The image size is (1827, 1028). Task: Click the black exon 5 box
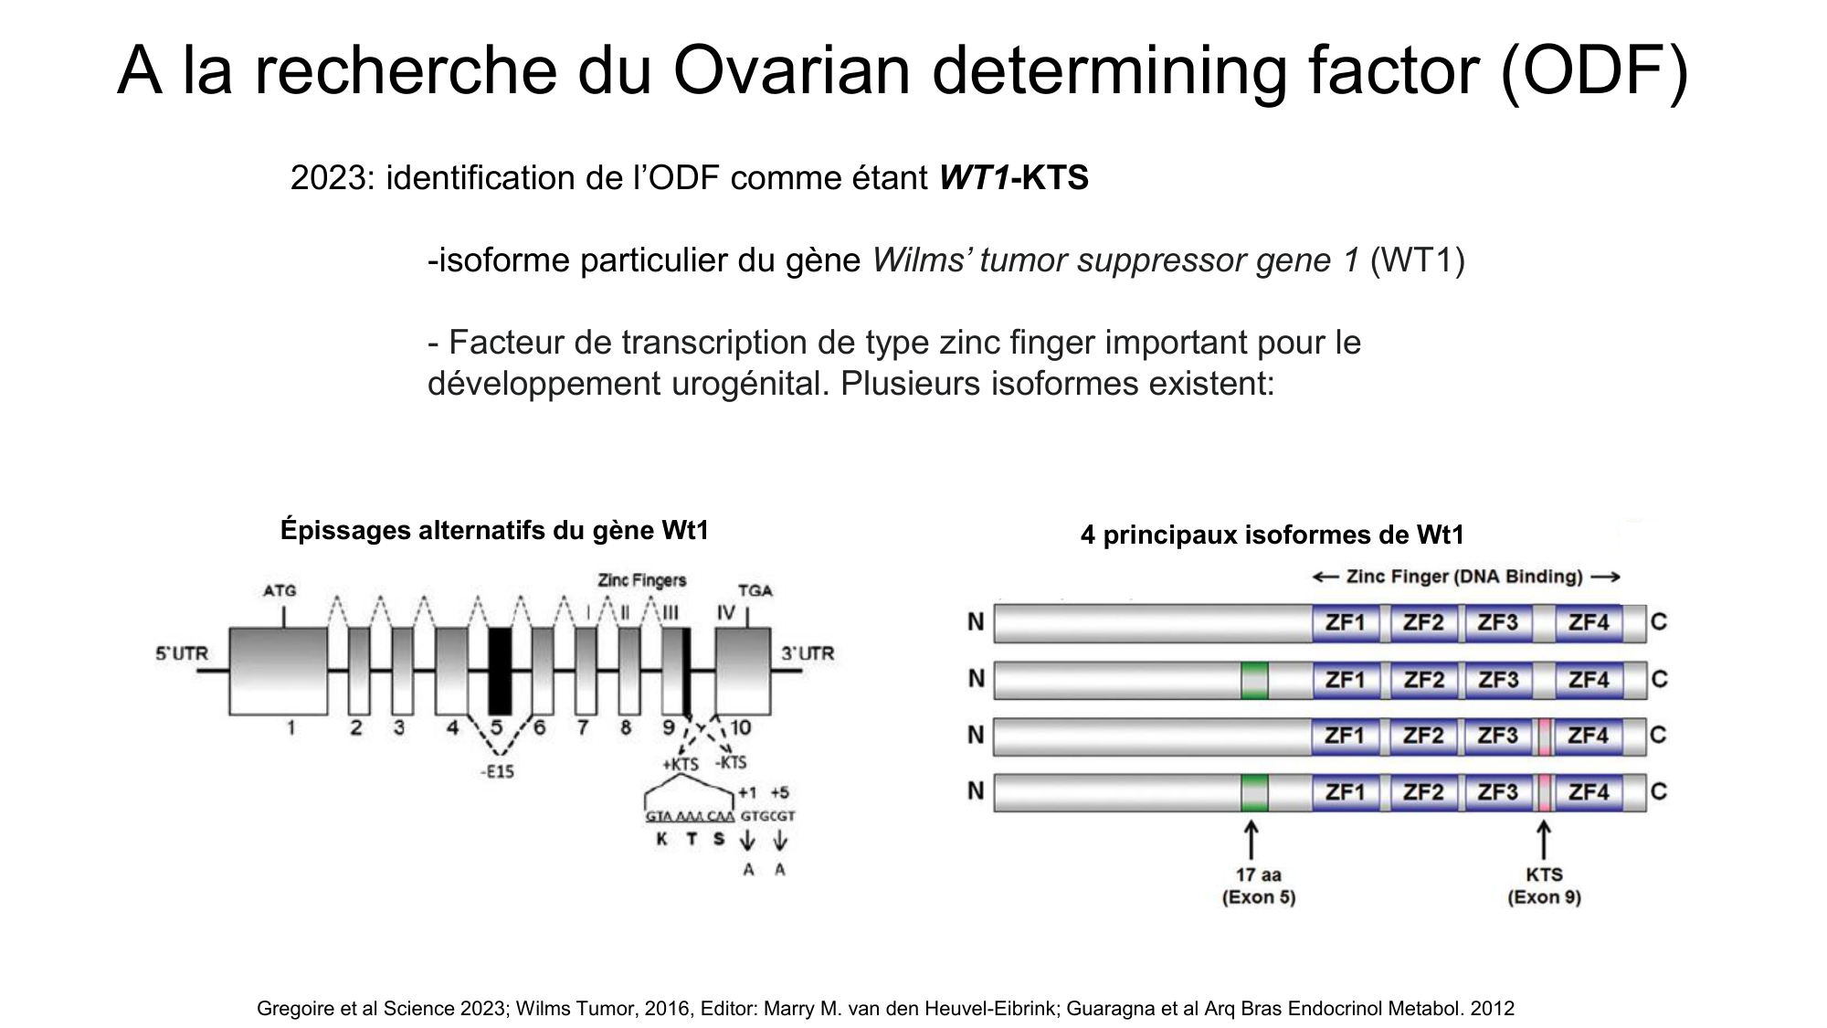point(500,672)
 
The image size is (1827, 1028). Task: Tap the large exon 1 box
point(279,672)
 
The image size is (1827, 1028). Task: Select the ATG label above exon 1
point(280,591)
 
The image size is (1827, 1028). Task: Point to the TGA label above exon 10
point(755,590)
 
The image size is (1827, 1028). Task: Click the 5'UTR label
point(182,653)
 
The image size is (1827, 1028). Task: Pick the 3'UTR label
point(808,653)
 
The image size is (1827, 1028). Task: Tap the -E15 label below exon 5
point(498,772)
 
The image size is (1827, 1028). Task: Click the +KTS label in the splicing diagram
point(680,764)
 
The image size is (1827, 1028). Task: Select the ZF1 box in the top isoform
point(1346,623)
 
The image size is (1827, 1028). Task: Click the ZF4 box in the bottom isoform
point(1589,792)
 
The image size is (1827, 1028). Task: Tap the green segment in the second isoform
point(1254,681)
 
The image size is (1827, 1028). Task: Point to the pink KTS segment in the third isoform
point(1544,737)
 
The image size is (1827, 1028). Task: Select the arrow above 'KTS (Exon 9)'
point(1544,840)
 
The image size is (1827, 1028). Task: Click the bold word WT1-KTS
point(1014,178)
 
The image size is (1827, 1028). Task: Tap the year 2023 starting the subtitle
point(328,178)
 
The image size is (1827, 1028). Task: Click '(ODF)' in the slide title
point(1594,71)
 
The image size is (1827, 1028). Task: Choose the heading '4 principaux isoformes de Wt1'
point(1272,535)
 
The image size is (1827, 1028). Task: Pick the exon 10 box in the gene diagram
point(743,672)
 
